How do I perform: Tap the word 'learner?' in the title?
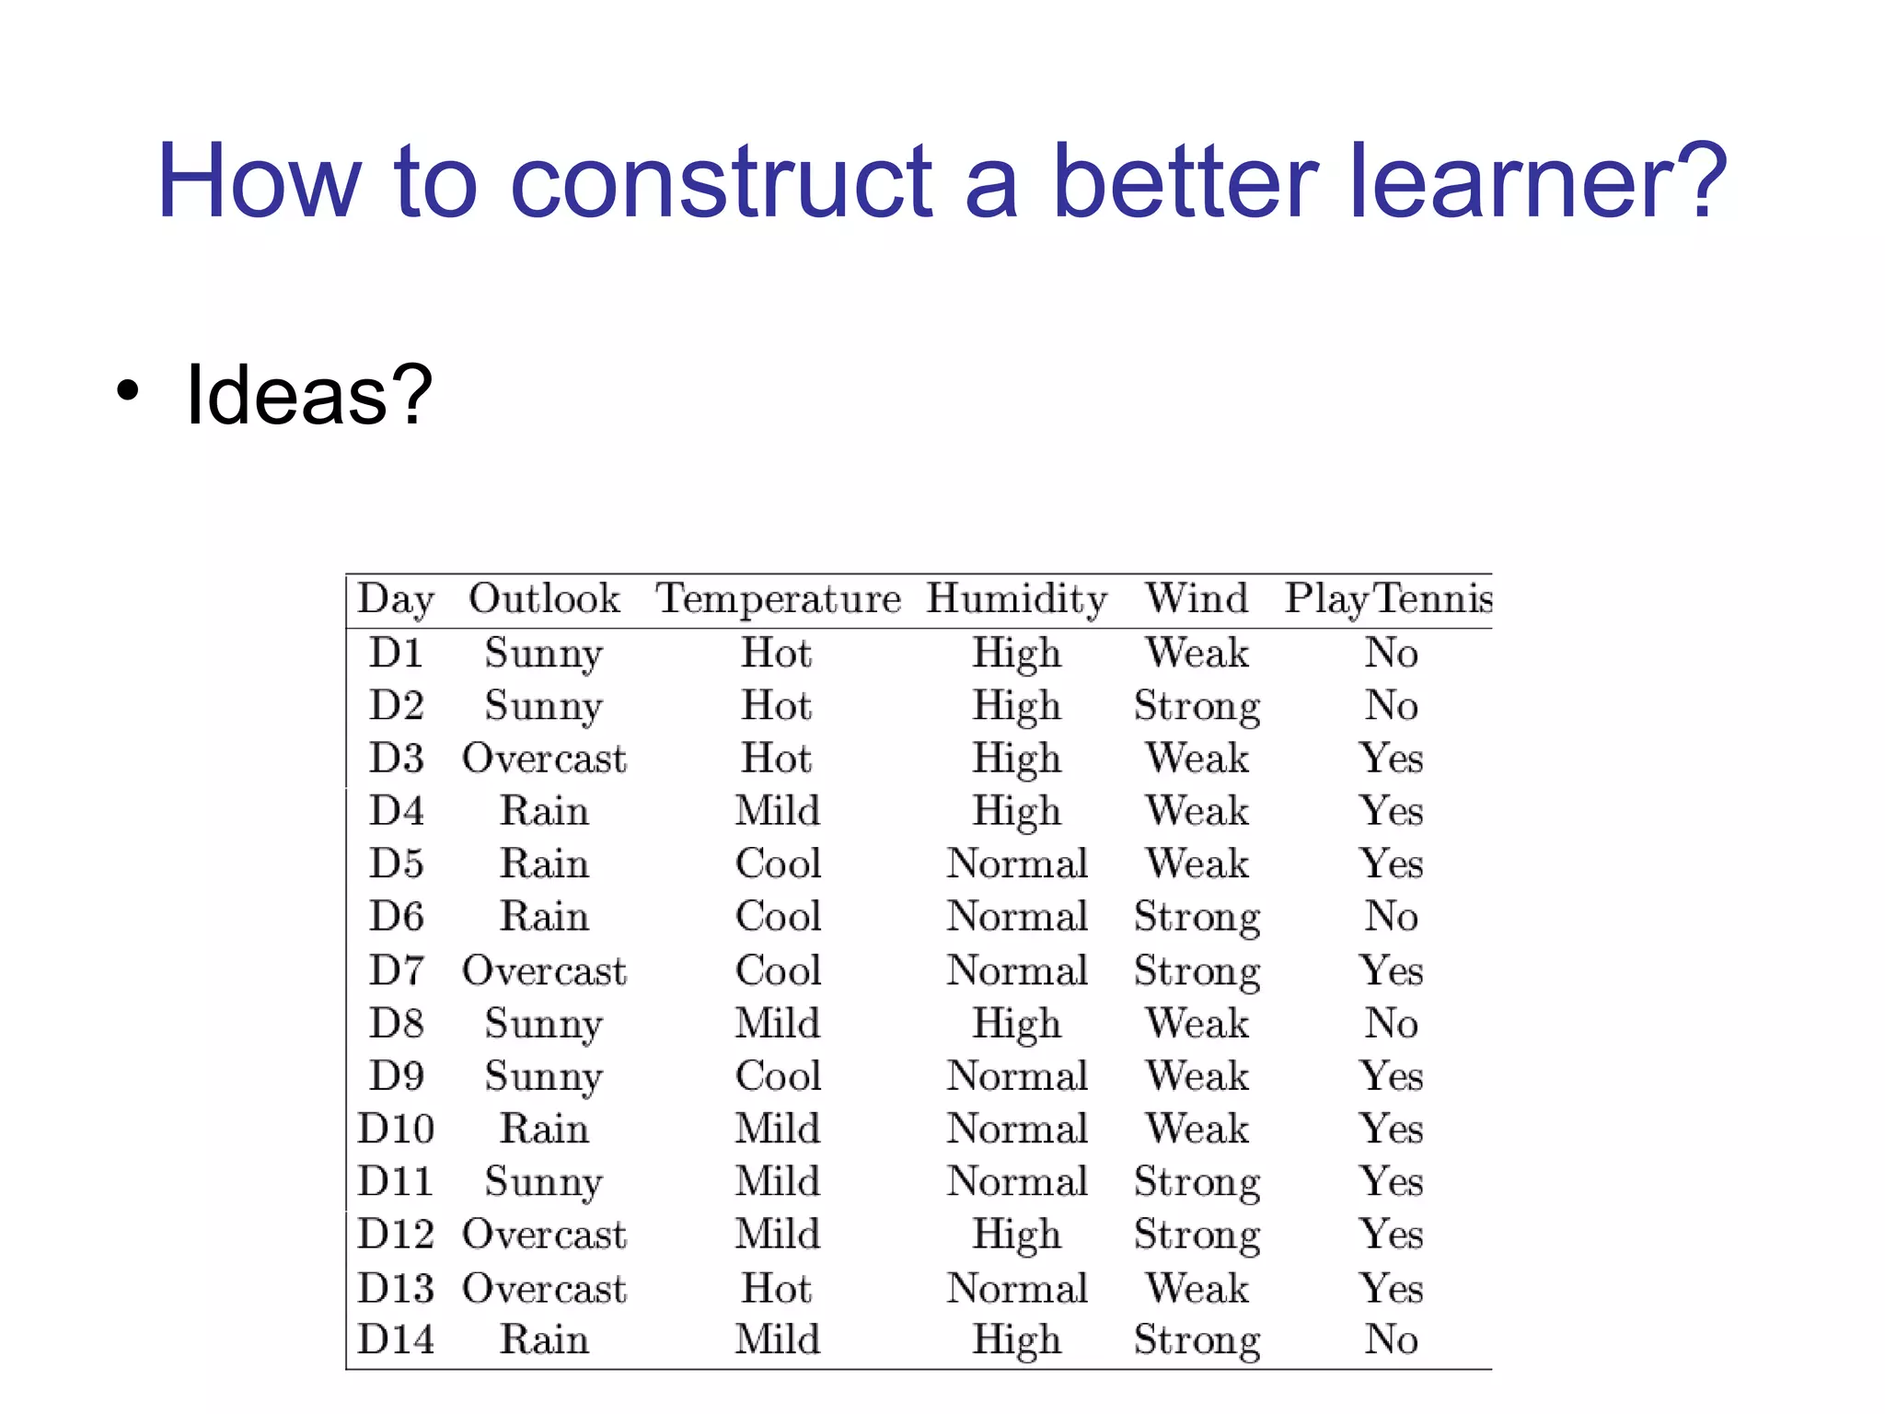[x=1537, y=181]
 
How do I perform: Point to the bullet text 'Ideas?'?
[x=308, y=395]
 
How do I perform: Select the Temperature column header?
[x=778, y=599]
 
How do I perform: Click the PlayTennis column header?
[x=1388, y=599]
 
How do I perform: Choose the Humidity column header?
[x=1016, y=599]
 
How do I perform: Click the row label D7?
[x=397, y=970]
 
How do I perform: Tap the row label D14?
[x=396, y=1339]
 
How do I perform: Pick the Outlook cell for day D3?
[x=544, y=759]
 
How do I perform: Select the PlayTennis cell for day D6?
[x=1391, y=917]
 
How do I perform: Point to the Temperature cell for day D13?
[x=777, y=1288]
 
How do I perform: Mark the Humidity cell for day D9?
[x=1017, y=1076]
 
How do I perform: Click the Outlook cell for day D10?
[x=544, y=1129]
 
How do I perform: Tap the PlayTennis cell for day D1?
[x=1391, y=654]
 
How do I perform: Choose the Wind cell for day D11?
[x=1197, y=1182]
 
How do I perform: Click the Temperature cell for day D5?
[x=778, y=864]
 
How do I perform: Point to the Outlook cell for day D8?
[x=544, y=1024]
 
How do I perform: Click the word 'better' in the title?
[x=1184, y=181]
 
